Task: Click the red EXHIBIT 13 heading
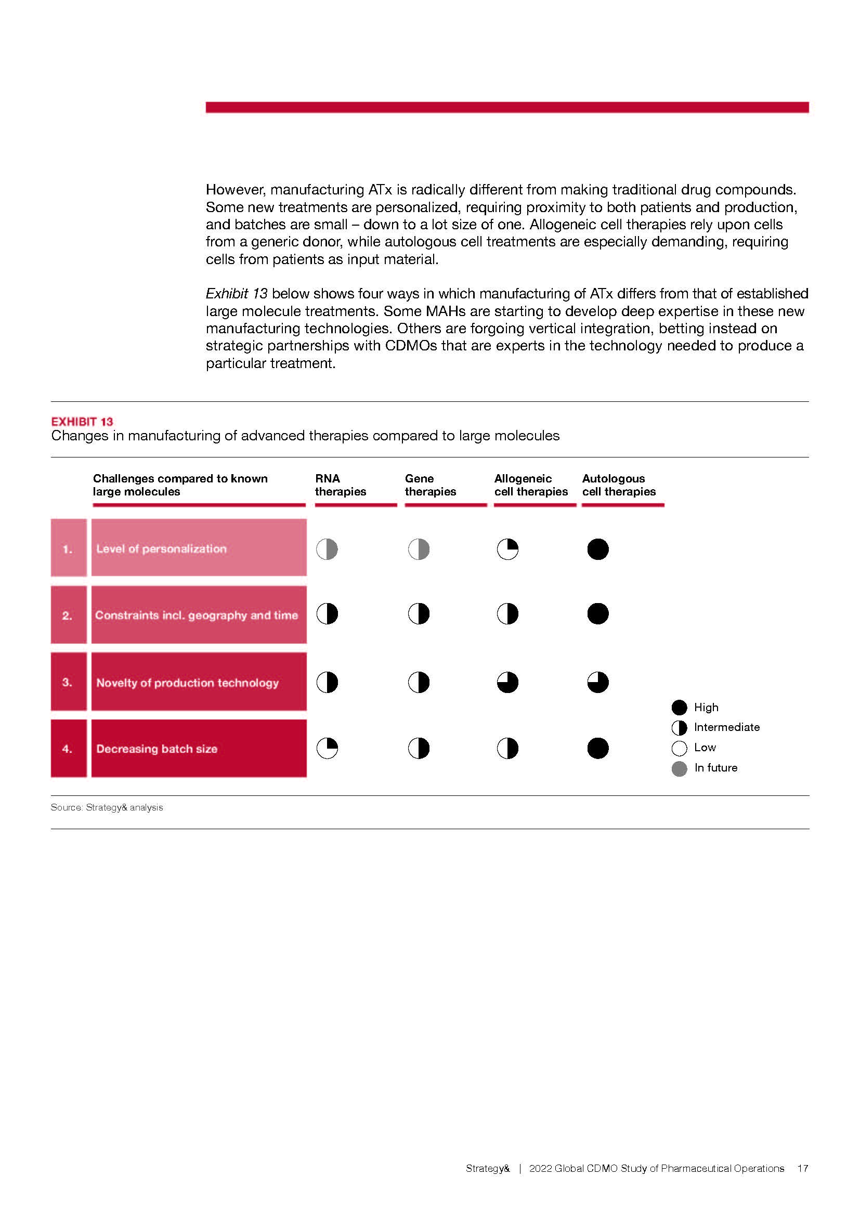pos(82,422)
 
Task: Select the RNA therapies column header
pos(340,485)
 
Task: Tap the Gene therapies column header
pos(430,485)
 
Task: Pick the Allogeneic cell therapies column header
pos(531,485)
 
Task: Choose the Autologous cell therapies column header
pos(619,485)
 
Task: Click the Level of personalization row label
pos(161,548)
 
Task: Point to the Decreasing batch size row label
pos(157,749)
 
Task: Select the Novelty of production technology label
pos(188,683)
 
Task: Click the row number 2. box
pos(68,615)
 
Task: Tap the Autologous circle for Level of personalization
pos(598,549)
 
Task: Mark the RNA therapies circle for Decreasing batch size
pos(327,748)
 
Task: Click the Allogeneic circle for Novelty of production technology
pos(507,682)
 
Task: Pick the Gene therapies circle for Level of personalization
pos(419,549)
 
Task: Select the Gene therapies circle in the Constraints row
pos(419,614)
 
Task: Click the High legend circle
pos(679,708)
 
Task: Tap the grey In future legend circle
pos(679,768)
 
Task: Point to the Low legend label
pos(705,747)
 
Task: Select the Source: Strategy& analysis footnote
pos(107,807)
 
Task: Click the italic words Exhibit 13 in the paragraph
pos(236,293)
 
